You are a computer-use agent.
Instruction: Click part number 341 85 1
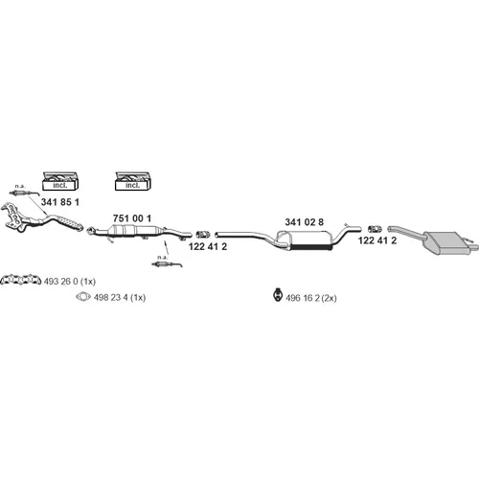click(x=60, y=202)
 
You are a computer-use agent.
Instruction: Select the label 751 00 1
click(x=132, y=218)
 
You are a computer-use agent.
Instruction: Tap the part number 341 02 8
click(x=304, y=222)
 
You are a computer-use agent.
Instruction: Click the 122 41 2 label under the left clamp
click(x=208, y=246)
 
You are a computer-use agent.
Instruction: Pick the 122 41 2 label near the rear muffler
click(x=377, y=240)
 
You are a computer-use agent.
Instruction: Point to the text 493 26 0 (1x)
click(x=70, y=282)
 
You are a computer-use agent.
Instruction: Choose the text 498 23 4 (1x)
click(x=120, y=297)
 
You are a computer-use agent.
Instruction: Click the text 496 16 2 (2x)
click(x=311, y=298)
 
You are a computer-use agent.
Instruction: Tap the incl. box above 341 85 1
click(x=60, y=181)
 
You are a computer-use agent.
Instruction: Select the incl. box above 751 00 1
click(x=133, y=181)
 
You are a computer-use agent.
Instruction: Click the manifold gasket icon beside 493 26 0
click(x=21, y=280)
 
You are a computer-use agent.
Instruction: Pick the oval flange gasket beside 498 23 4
click(x=83, y=297)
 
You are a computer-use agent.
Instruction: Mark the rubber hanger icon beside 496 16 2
click(x=278, y=295)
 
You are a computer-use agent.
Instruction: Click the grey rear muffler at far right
click(x=447, y=241)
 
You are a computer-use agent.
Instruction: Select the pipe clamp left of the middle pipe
click(x=202, y=235)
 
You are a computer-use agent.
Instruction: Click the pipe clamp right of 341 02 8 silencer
click(x=375, y=229)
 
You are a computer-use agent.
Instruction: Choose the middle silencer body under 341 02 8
click(x=310, y=239)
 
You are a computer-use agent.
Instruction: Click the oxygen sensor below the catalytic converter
click(x=167, y=263)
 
